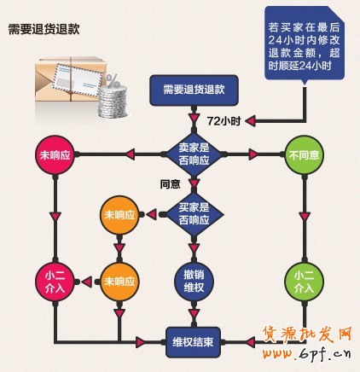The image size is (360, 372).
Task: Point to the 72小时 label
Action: pos(223,120)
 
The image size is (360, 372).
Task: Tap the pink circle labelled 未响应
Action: pos(54,155)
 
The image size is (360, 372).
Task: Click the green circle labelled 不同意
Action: pos(305,155)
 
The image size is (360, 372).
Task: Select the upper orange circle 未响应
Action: pos(119,214)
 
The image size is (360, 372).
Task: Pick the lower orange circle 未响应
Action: pos(119,281)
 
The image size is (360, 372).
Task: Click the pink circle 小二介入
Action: pos(54,281)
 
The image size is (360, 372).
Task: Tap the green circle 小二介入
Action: pos(305,281)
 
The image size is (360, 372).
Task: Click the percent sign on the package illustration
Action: pos(110,82)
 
